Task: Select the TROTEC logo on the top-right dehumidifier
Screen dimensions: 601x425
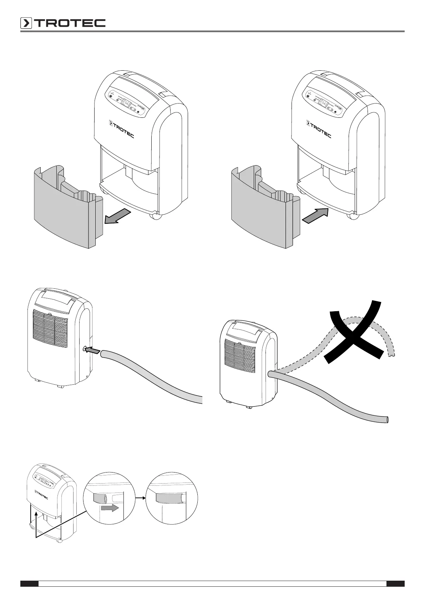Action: point(319,128)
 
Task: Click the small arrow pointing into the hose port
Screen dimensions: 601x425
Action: point(93,351)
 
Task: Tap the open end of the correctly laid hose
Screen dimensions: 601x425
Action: point(386,420)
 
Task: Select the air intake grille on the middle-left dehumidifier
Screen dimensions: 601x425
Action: point(50,328)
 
